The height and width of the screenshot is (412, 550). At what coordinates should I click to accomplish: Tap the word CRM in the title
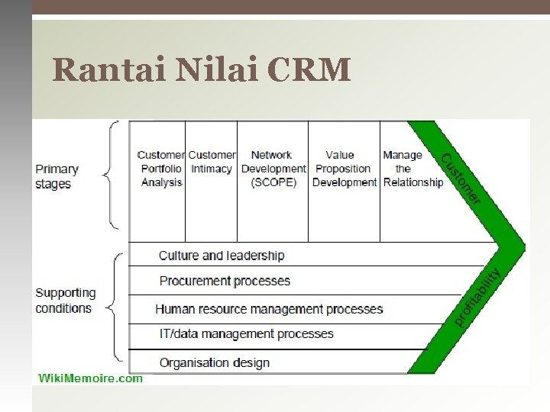pyautogui.click(x=309, y=70)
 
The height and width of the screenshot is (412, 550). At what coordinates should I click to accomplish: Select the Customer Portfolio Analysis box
pyautogui.click(x=161, y=169)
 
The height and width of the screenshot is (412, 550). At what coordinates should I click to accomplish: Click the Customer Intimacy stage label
pyautogui.click(x=212, y=162)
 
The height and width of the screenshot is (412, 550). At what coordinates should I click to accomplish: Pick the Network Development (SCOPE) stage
pyautogui.click(x=273, y=169)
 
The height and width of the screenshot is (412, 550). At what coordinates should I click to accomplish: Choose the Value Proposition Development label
pyautogui.click(x=344, y=169)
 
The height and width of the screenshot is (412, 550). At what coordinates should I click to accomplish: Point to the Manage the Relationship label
pyautogui.click(x=412, y=169)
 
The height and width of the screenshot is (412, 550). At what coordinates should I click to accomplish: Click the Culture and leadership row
pyautogui.click(x=222, y=256)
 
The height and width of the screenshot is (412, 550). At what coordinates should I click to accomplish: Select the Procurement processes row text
pyautogui.click(x=225, y=281)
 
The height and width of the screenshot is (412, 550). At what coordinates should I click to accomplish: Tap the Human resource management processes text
pyautogui.click(x=269, y=309)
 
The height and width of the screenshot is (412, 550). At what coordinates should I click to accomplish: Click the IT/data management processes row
pyautogui.click(x=246, y=334)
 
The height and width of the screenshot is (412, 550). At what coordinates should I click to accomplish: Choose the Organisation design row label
pyautogui.click(x=214, y=362)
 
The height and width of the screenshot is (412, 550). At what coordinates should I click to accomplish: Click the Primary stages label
pyautogui.click(x=57, y=176)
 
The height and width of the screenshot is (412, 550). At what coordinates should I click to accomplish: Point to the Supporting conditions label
pyautogui.click(x=65, y=301)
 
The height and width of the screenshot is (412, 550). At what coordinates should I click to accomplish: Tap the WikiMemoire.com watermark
pyautogui.click(x=90, y=378)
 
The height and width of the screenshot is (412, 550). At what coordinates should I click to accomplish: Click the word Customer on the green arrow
pyautogui.click(x=461, y=179)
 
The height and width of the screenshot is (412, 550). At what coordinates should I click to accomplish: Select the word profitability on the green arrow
pyautogui.click(x=479, y=298)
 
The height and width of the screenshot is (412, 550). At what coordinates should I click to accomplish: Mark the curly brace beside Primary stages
pyautogui.click(x=112, y=175)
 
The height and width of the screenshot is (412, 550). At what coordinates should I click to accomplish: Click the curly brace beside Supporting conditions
pyautogui.click(x=112, y=307)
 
